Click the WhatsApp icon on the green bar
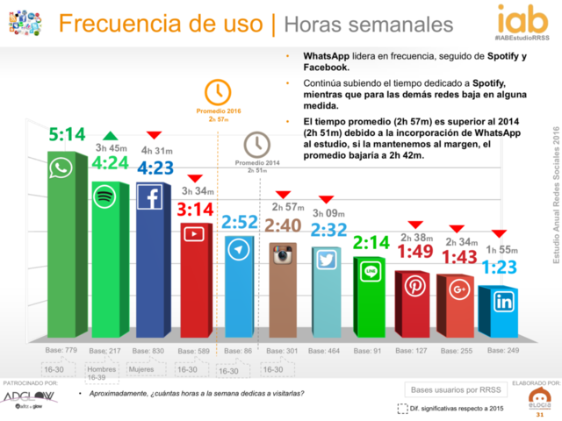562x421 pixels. (63, 169)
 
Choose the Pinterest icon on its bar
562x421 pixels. (413, 286)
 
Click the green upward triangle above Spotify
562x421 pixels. (109, 134)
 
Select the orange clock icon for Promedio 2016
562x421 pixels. (217, 90)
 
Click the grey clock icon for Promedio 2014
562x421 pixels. (257, 143)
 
